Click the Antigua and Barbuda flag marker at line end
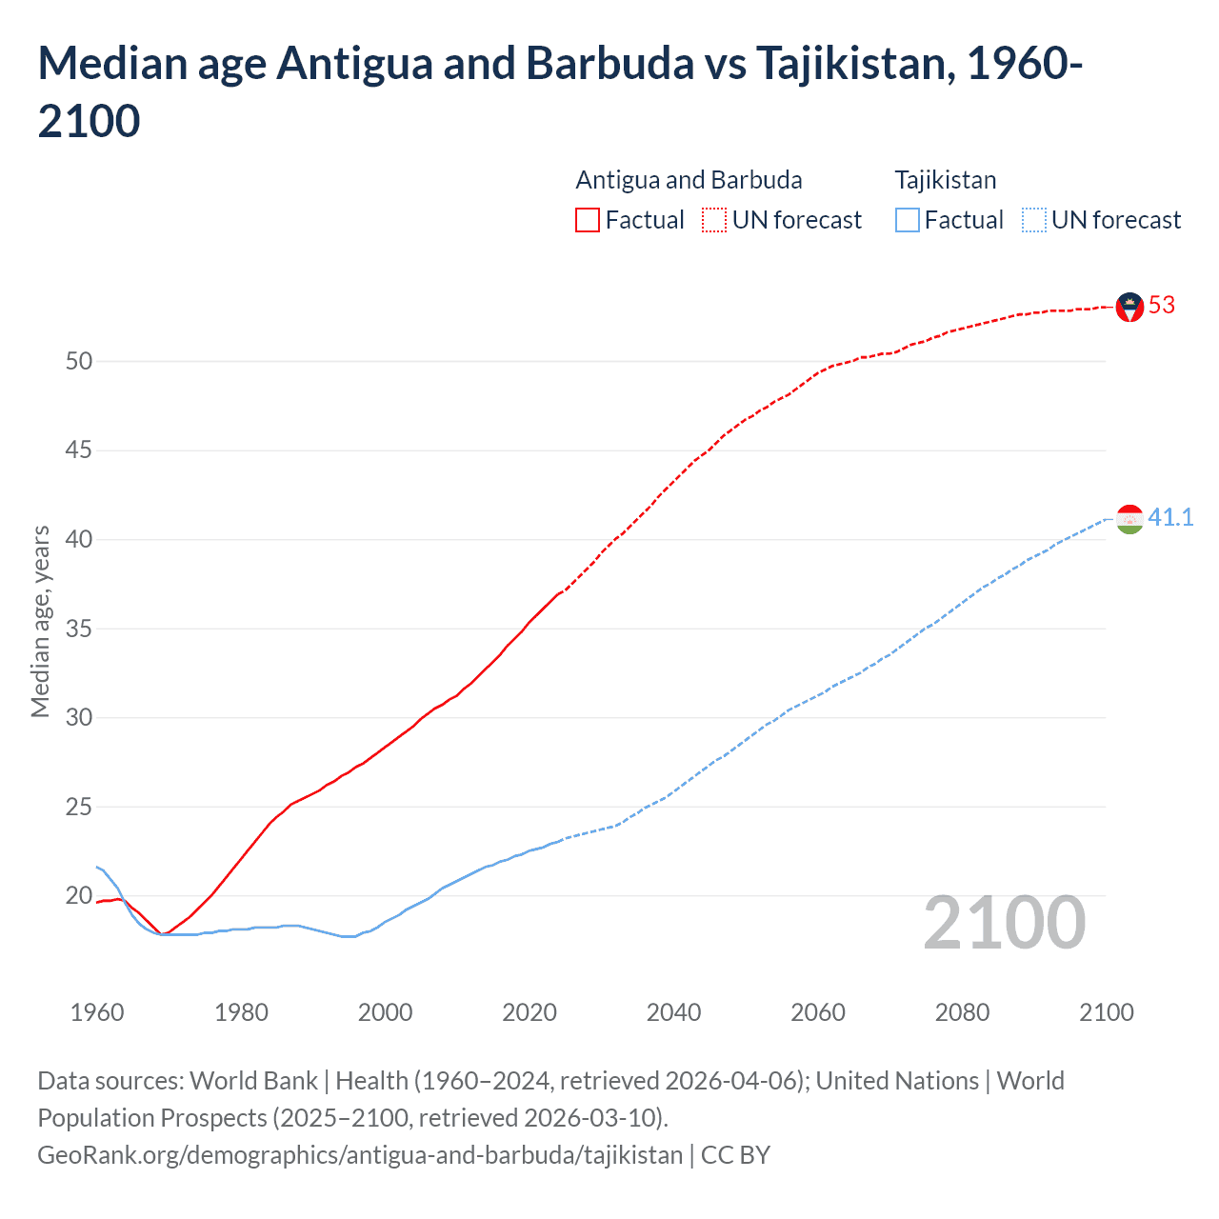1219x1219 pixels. coord(1129,307)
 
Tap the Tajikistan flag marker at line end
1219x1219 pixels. coord(1129,519)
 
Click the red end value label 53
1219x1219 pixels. coord(1162,306)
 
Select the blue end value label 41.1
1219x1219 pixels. coord(1170,518)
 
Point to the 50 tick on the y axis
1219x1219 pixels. coord(79,361)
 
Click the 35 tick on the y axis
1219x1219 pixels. coord(79,629)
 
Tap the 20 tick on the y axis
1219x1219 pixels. coord(79,896)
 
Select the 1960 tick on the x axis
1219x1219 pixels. coord(97,1012)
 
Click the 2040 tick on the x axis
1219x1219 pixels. coord(673,1012)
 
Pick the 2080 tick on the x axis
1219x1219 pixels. coord(962,1012)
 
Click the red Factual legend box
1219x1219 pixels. coord(588,220)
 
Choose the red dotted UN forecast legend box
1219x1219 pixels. coord(714,220)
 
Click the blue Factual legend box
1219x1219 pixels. coord(907,220)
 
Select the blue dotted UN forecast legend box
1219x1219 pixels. coord(1033,220)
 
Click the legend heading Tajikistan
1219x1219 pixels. coord(946,180)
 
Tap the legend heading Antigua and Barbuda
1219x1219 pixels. coord(689,180)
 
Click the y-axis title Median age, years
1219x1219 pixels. coord(40,621)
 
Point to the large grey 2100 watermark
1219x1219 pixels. coord(1004,923)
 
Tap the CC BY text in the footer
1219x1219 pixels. coord(735,1155)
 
